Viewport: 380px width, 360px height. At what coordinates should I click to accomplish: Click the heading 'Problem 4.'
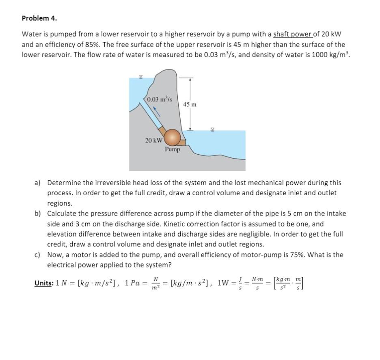pos(39,18)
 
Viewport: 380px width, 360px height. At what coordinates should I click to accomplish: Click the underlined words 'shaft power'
pos(290,34)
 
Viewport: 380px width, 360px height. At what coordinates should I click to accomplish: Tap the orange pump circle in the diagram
pos(173,137)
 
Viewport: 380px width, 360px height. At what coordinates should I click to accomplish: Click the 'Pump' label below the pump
pos(172,149)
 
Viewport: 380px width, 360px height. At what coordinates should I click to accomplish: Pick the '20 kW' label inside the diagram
pos(154,140)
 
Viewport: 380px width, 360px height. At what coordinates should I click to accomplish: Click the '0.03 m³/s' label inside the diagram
pos(160,99)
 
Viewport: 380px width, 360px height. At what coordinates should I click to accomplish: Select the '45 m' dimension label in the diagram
pos(190,105)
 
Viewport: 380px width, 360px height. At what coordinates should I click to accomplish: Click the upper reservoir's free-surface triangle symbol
pos(140,76)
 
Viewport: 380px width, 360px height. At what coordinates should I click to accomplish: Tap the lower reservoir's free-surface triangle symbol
pos(212,130)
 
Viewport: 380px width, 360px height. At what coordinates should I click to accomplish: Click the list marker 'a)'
pos(38,183)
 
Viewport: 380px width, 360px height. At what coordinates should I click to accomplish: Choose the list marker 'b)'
pos(38,213)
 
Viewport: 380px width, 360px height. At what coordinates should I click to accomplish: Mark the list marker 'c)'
pos(38,255)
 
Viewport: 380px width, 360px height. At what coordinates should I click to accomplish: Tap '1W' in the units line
pos(225,282)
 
